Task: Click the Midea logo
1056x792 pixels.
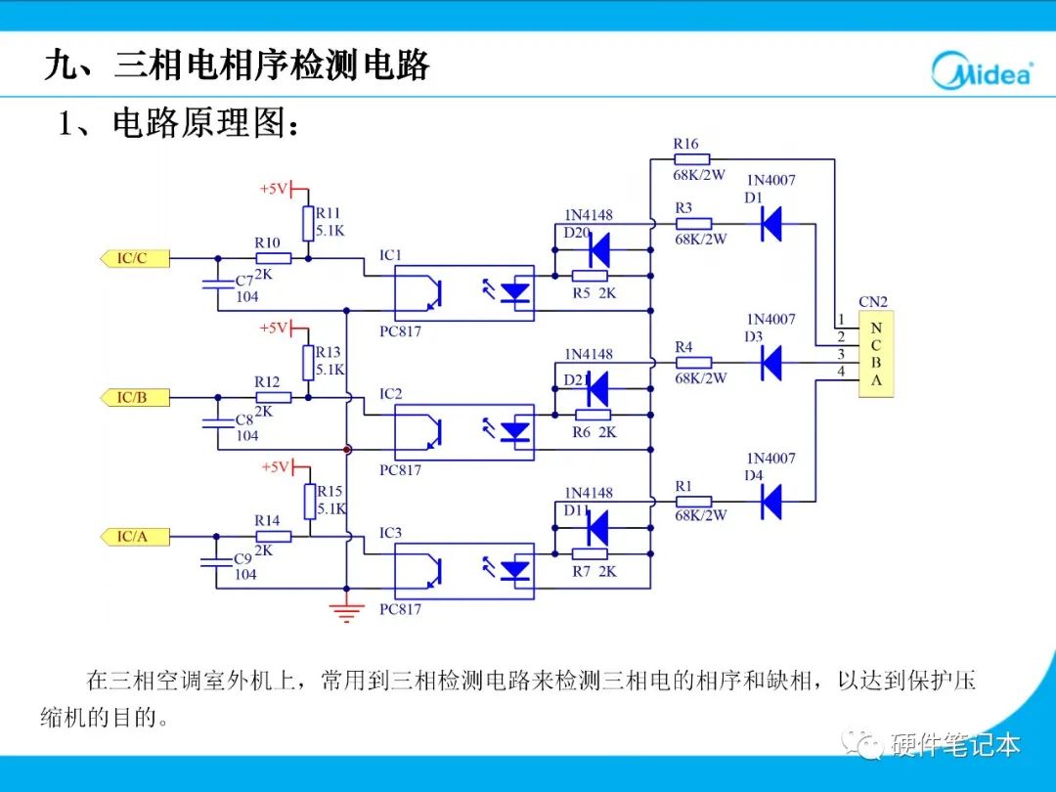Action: pos(981,70)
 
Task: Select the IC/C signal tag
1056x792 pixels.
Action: pos(135,258)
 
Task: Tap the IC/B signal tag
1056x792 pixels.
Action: pos(135,397)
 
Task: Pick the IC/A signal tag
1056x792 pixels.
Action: pos(135,536)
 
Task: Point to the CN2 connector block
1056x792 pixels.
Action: pos(876,354)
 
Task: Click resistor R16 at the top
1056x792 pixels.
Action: pos(691,159)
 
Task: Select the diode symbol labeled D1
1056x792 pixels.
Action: pos(771,224)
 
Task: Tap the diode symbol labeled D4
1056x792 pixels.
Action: pos(771,502)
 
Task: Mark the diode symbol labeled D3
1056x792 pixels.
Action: pos(771,363)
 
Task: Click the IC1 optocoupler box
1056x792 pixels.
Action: pos(463,292)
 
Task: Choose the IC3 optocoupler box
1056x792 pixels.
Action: pos(463,570)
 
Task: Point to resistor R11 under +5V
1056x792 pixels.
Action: pos(308,223)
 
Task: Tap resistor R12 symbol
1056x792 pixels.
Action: pos(273,397)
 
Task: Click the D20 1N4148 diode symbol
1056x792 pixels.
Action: pos(597,250)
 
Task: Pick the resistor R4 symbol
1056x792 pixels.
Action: pos(692,363)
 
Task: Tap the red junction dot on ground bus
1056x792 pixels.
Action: pos(346,450)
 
